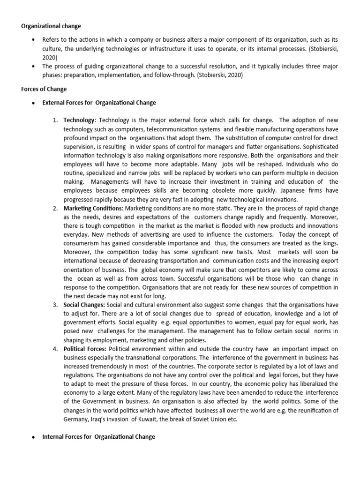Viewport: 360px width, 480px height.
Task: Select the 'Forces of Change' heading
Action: [44, 89]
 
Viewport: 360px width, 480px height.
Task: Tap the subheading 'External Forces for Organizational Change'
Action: [99, 103]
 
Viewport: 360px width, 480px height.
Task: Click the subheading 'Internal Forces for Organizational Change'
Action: [98, 437]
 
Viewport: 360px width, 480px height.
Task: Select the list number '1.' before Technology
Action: [55, 120]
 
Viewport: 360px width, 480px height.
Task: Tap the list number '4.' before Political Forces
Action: [55, 349]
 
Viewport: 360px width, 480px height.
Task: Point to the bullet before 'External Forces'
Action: [33, 103]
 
